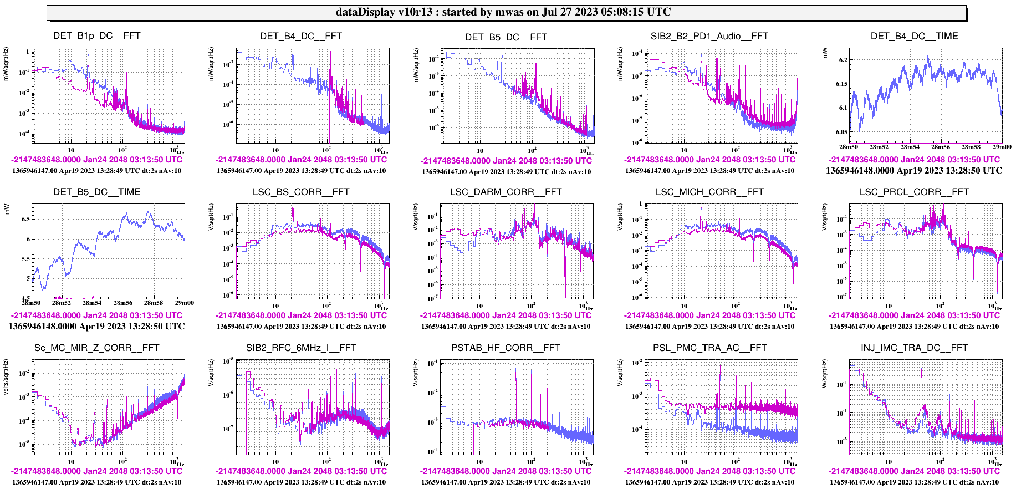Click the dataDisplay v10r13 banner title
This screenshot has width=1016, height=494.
[503, 12]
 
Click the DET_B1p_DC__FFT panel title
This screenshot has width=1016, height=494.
[97, 36]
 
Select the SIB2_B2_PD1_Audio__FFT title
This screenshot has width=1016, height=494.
[709, 37]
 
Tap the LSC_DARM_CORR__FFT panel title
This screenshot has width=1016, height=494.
[506, 192]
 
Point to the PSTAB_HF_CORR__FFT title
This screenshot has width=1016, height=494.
[506, 348]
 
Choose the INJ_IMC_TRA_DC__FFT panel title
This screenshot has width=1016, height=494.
[914, 348]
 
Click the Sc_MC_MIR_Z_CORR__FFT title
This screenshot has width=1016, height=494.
[97, 348]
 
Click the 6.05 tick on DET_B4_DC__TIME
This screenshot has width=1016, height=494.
[841, 132]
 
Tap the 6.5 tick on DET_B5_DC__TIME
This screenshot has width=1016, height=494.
[25, 220]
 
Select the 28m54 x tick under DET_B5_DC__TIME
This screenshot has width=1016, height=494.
[92, 303]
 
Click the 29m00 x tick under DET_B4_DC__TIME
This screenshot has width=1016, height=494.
[1002, 147]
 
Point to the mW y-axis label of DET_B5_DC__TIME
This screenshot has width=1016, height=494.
[7, 209]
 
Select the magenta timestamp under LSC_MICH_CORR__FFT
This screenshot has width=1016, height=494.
[709, 315]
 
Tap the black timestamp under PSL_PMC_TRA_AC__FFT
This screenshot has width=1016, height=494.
[709, 482]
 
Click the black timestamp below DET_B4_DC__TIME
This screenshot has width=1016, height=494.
[914, 171]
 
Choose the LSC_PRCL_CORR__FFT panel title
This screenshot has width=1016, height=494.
[914, 192]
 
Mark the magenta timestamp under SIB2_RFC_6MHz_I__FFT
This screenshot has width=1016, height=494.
[301, 471]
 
